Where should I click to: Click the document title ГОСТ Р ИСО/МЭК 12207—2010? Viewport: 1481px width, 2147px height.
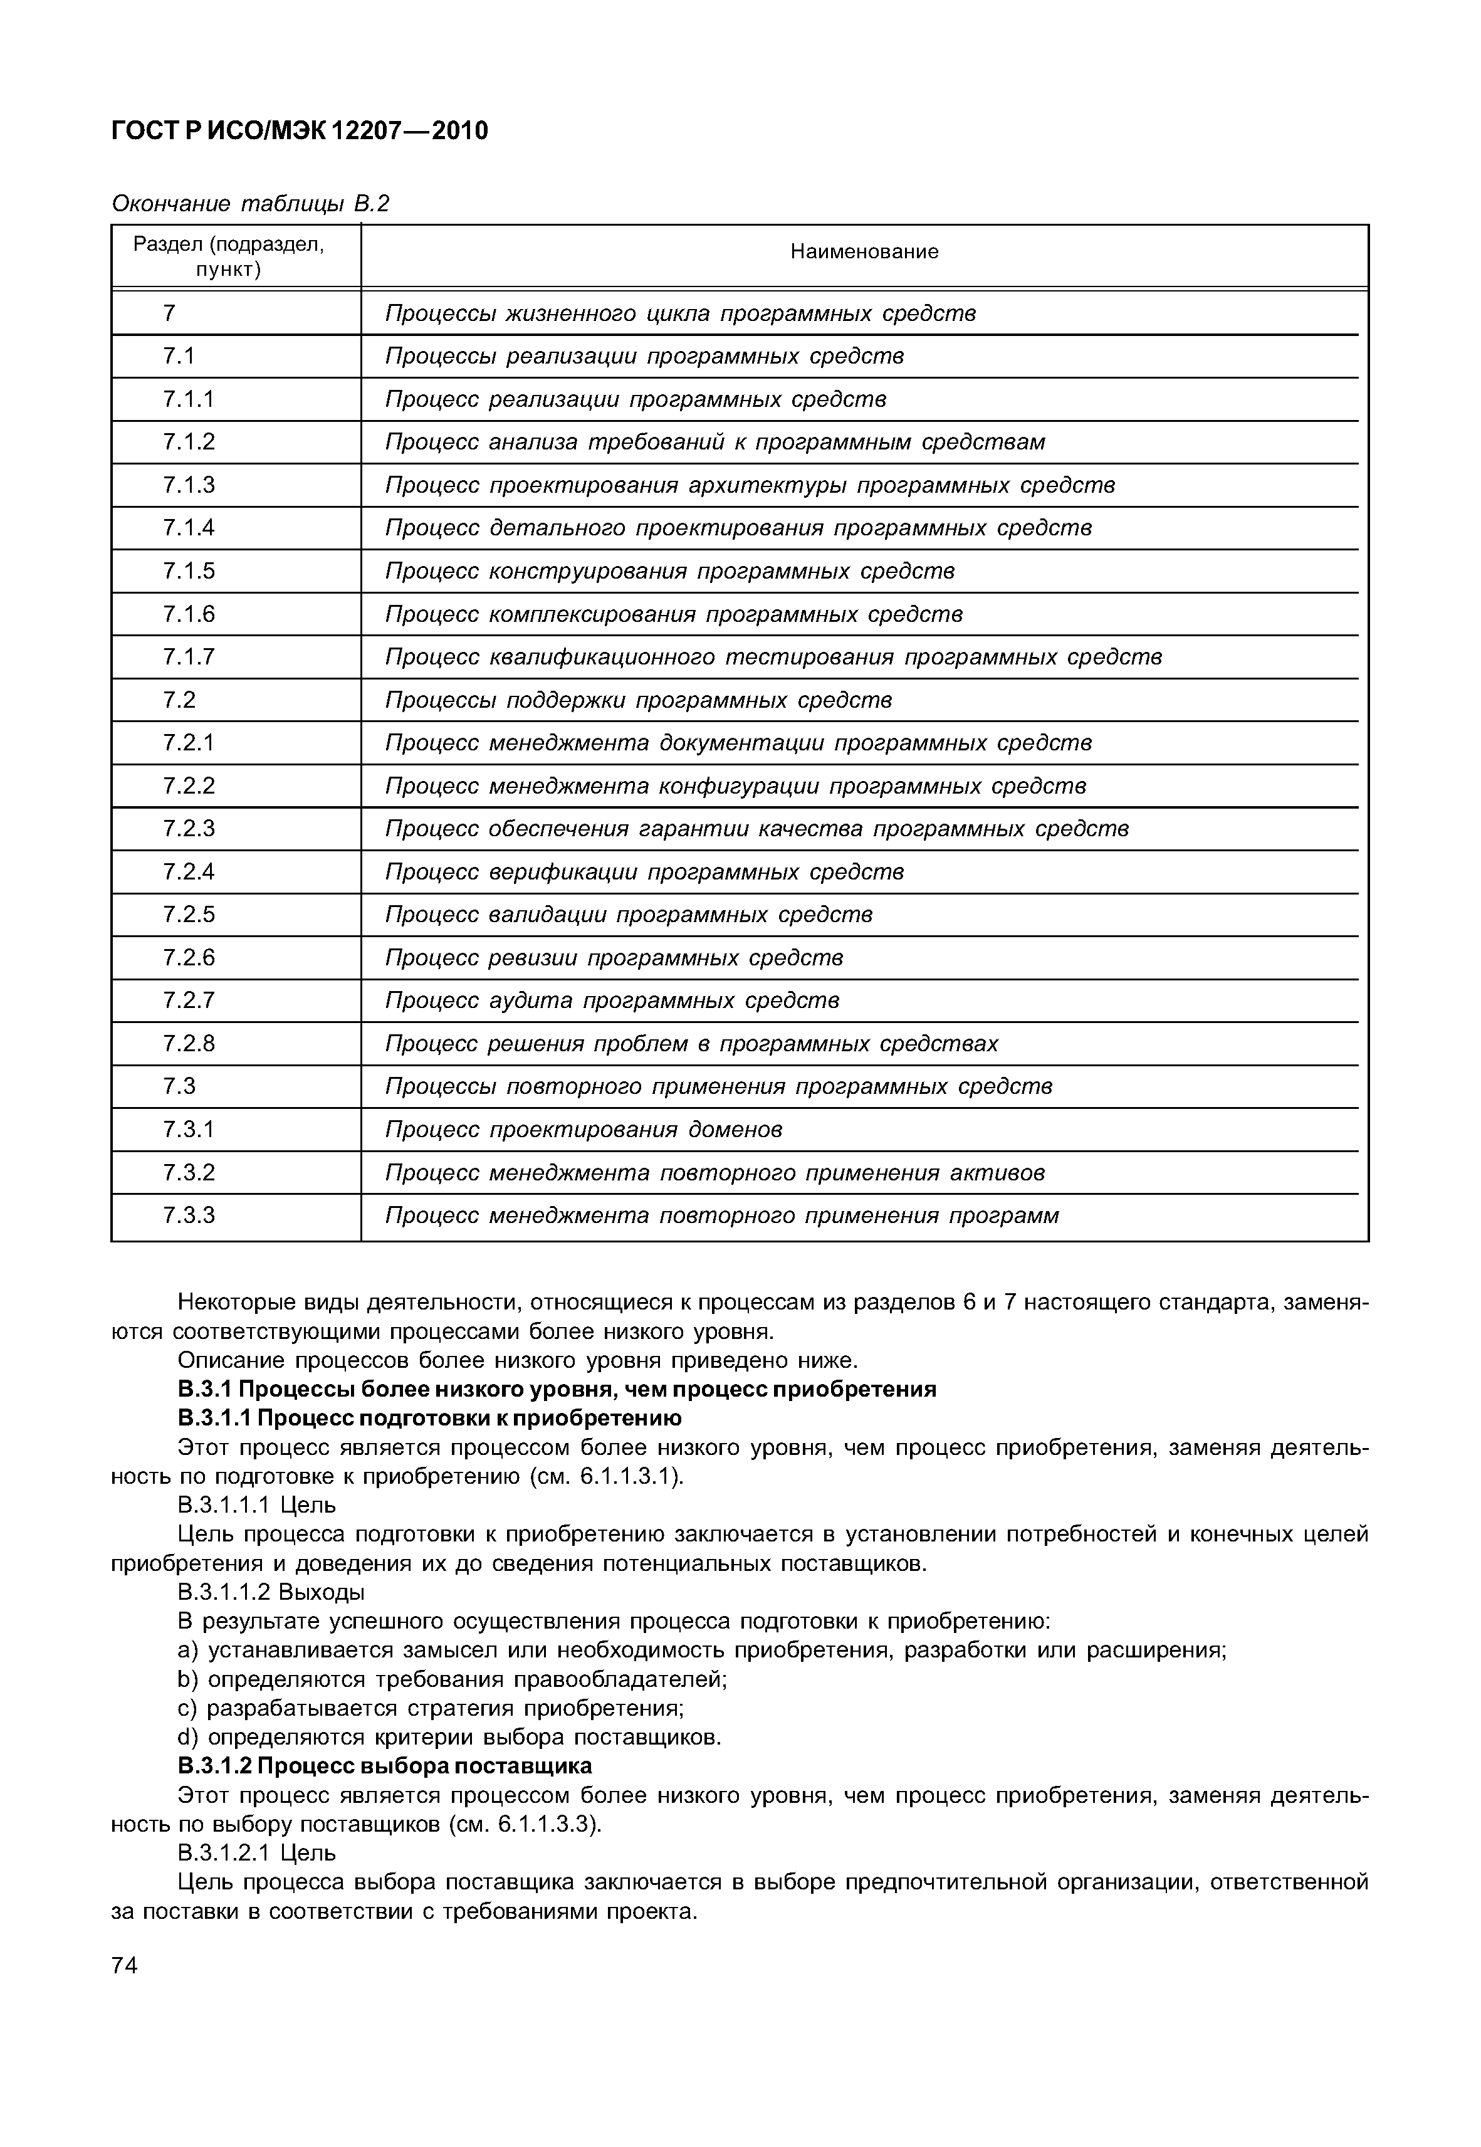pos(299,131)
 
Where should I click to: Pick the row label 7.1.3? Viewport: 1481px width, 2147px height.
pos(189,485)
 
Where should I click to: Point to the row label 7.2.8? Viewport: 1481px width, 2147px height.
pos(189,1044)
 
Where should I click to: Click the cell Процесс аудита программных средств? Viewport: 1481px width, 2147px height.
pos(612,1000)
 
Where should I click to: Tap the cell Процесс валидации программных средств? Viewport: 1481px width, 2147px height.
pos(628,915)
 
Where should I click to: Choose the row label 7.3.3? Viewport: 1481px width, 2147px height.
pos(189,1215)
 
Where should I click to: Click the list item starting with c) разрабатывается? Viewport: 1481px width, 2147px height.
pos(431,1708)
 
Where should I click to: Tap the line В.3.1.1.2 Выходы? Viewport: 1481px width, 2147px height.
pos(271,1592)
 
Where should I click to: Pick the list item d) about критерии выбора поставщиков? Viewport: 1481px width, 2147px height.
pos(449,1737)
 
